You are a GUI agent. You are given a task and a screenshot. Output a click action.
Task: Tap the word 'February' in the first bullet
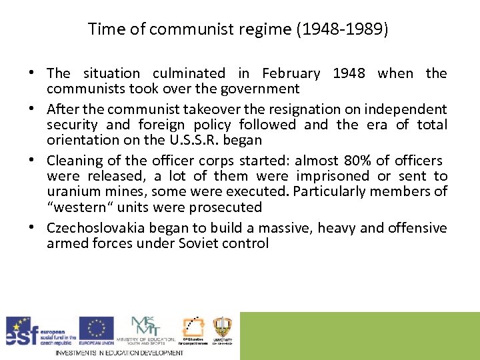pyautogui.click(x=291, y=73)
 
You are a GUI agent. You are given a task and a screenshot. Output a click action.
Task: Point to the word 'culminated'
pyautogui.click(x=189, y=73)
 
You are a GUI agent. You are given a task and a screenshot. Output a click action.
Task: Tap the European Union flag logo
pyautogui.click(x=96, y=328)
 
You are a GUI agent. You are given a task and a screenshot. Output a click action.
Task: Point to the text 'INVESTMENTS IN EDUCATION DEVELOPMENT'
pyautogui.click(x=119, y=353)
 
